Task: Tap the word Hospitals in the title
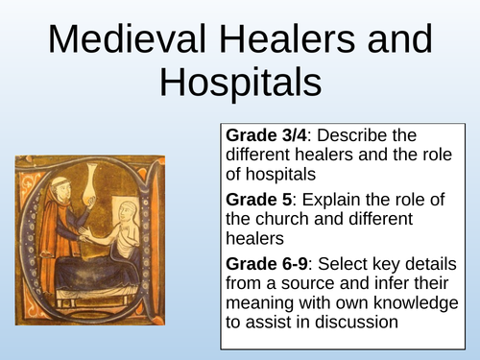pos(239,84)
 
